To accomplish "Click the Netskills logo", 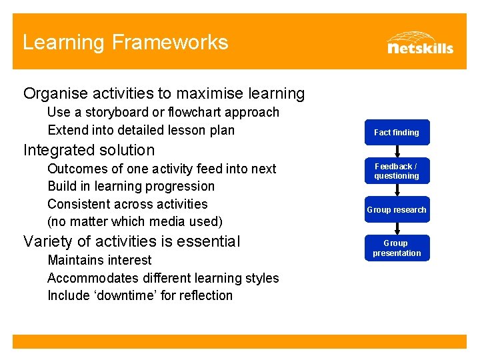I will coord(419,43).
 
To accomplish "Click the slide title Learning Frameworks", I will coord(125,43).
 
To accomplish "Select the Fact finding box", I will coord(397,132).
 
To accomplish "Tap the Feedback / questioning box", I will coord(397,171).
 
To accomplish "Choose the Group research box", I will coord(397,209).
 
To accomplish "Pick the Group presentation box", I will coord(397,248).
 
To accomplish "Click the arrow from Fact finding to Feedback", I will coord(397,151).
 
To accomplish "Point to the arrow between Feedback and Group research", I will coord(397,190).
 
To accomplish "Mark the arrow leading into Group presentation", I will coord(397,229).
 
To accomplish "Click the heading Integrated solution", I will coord(89,150).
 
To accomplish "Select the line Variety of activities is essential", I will coord(131,241).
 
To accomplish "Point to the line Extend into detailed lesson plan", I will coord(141,130).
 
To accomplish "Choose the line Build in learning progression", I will coord(131,186).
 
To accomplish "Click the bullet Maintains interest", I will coord(99,260).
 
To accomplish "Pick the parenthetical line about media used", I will coord(135,221).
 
